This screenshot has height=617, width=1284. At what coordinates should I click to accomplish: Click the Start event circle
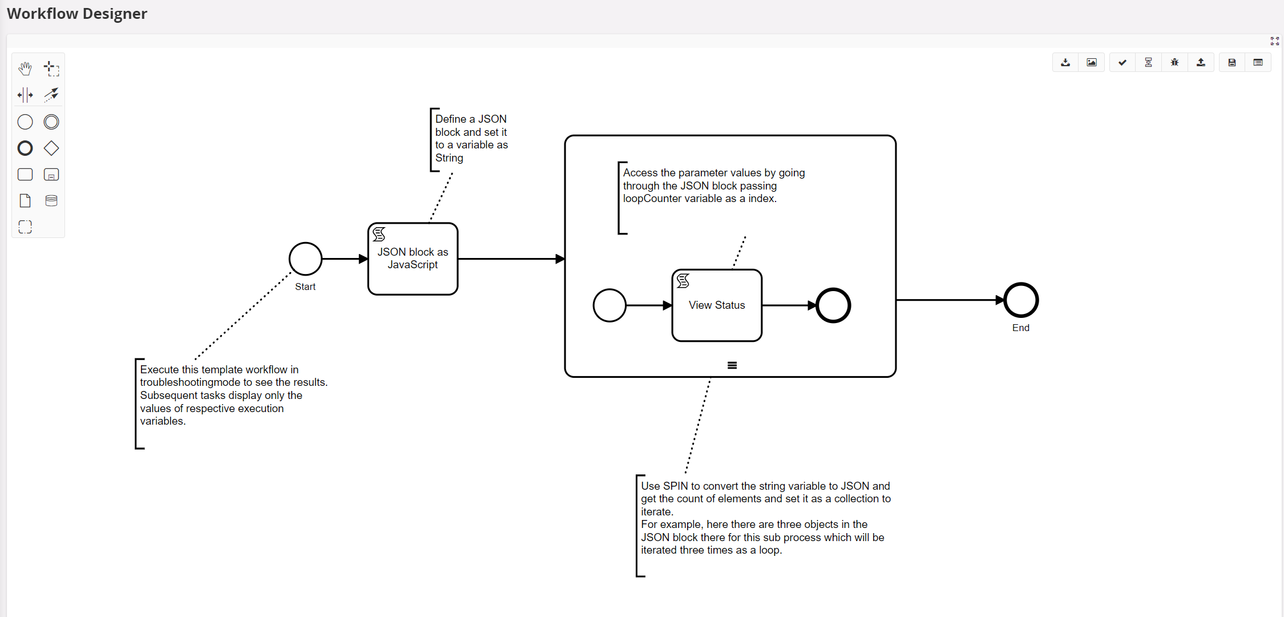click(305, 259)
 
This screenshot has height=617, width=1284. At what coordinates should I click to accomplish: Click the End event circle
click(1021, 300)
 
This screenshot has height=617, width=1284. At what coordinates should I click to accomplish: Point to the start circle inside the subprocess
click(609, 305)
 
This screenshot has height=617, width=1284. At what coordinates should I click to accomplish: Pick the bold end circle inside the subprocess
click(833, 305)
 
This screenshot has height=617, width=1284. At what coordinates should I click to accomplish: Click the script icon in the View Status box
click(683, 281)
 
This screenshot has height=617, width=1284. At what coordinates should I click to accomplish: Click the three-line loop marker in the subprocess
click(732, 365)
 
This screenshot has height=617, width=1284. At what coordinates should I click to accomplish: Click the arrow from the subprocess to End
click(947, 300)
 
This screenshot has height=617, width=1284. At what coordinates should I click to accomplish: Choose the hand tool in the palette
click(25, 68)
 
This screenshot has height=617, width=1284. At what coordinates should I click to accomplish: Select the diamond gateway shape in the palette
click(51, 148)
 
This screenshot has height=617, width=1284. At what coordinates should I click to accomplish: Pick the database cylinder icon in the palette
click(51, 200)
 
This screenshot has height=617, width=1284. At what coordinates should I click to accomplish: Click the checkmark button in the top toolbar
click(1123, 62)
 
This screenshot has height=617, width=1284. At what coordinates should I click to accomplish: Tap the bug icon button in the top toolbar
click(1174, 62)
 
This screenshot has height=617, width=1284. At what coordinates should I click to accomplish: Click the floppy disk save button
click(1232, 62)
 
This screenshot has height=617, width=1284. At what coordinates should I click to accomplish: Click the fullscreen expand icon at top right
click(1274, 41)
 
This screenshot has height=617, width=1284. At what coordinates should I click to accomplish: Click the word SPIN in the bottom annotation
click(675, 486)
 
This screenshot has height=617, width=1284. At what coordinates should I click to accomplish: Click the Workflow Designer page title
click(77, 14)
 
